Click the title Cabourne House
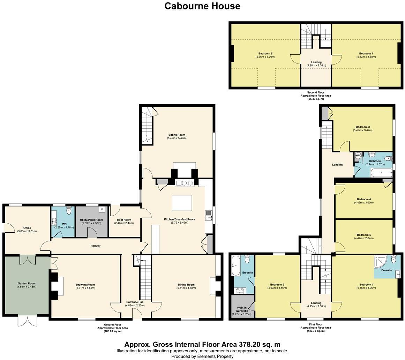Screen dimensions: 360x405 point(202,6)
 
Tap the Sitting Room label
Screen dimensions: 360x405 point(177,135)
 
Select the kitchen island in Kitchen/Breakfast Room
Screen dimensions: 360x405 point(182,203)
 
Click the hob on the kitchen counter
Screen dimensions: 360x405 point(184,183)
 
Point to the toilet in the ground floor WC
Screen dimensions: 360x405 point(68,210)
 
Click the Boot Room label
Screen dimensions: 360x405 point(124,220)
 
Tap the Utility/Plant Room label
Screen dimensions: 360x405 point(91,220)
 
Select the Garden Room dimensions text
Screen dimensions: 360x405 point(27,287)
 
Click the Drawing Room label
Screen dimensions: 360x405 point(85,285)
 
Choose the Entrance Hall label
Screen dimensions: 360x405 point(135,302)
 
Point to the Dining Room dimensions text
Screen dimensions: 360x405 point(186,288)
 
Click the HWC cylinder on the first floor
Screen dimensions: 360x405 point(358,156)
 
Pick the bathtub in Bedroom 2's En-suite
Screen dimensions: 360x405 point(235,265)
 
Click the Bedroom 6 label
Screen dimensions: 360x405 point(265,53)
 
